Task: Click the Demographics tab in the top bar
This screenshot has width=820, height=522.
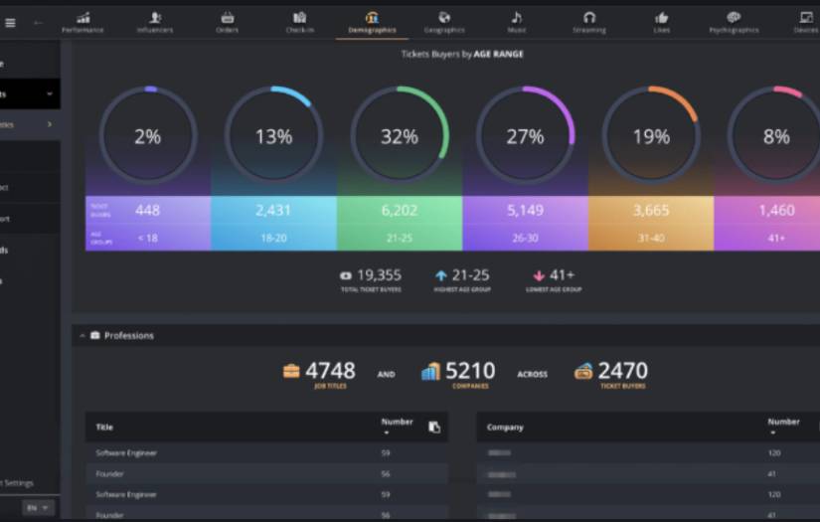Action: pyautogui.click(x=372, y=22)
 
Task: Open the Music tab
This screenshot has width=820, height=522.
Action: pyautogui.click(x=516, y=22)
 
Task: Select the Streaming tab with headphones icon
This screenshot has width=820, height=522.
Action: pyautogui.click(x=588, y=22)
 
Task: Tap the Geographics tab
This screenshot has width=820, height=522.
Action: pyautogui.click(x=444, y=22)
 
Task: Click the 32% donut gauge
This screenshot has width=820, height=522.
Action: pyautogui.click(x=400, y=136)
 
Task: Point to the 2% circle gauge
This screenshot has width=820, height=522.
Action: pyautogui.click(x=148, y=136)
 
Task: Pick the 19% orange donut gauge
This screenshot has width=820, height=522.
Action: pyautogui.click(x=651, y=136)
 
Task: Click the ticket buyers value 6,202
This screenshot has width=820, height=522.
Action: pyautogui.click(x=400, y=211)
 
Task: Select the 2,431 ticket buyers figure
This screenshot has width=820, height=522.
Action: pyautogui.click(x=273, y=211)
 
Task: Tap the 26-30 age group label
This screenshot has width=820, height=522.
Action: pyautogui.click(x=525, y=239)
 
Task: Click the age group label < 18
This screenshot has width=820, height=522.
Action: pyautogui.click(x=148, y=239)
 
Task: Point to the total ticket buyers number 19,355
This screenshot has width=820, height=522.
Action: pyautogui.click(x=379, y=275)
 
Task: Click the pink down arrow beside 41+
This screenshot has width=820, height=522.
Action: pyautogui.click(x=539, y=275)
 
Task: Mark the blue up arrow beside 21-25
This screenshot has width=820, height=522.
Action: pyautogui.click(x=441, y=275)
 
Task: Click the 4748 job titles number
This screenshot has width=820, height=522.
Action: pyautogui.click(x=330, y=371)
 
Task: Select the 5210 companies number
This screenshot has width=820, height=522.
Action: pyautogui.click(x=470, y=371)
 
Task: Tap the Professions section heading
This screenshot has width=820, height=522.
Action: pyautogui.click(x=128, y=336)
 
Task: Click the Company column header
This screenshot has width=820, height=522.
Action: pyautogui.click(x=505, y=428)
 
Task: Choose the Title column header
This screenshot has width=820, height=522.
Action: pyautogui.click(x=104, y=428)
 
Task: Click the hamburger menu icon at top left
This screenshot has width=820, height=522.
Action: pyautogui.click(x=11, y=22)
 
